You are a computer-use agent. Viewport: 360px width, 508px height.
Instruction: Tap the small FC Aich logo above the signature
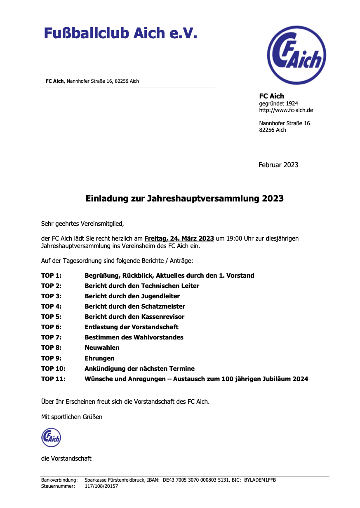(x=51, y=437)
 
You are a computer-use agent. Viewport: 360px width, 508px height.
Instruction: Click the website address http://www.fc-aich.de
(x=286, y=110)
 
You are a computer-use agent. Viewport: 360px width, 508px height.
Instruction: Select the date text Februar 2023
(x=278, y=165)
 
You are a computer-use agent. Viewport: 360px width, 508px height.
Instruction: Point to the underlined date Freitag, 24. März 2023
(x=179, y=239)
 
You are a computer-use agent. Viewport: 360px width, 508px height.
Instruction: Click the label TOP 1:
(x=51, y=275)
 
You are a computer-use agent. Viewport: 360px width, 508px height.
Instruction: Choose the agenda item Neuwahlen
(x=102, y=347)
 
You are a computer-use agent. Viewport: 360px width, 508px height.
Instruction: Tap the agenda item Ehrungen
(x=99, y=358)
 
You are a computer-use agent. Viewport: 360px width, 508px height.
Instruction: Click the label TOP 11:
(x=53, y=379)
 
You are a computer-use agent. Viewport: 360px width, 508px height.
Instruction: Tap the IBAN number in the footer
(x=193, y=480)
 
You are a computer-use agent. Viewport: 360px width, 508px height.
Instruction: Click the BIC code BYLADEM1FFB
(x=260, y=480)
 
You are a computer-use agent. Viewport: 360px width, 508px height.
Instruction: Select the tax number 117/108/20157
(x=101, y=486)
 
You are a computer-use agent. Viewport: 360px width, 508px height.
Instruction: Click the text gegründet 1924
(x=278, y=103)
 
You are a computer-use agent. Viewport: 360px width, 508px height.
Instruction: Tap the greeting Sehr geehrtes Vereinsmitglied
(x=82, y=224)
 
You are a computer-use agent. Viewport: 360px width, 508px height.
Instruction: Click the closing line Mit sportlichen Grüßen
(x=72, y=417)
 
